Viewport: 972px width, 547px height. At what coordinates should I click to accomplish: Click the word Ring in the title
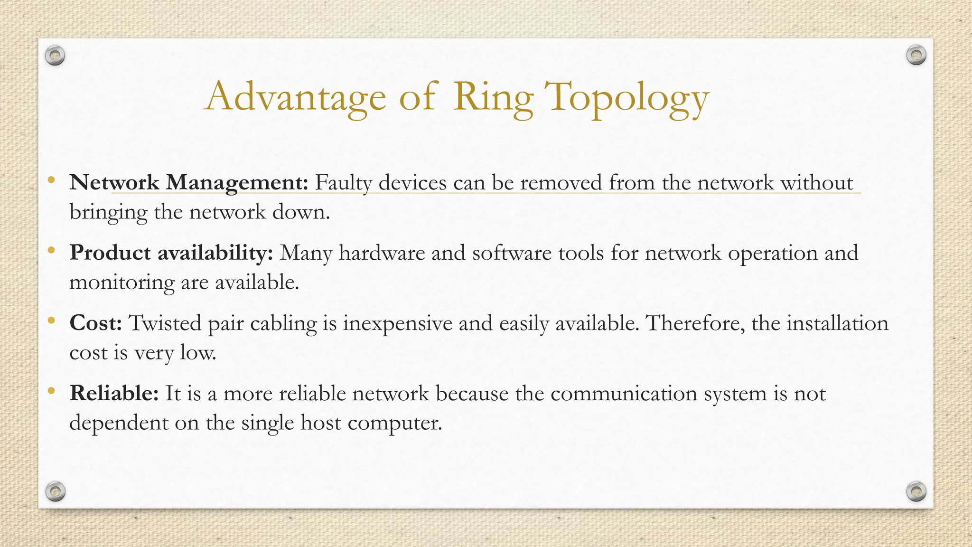coord(493,97)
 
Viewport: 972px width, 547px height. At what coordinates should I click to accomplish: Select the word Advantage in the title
coord(295,97)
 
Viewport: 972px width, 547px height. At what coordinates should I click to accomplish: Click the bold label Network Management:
coord(189,183)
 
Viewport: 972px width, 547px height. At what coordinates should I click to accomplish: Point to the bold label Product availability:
coord(171,253)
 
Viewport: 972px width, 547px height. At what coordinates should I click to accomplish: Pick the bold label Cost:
coord(96,323)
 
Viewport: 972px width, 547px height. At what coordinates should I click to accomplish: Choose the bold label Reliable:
coord(114,393)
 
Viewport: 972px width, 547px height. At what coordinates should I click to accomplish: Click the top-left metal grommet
coord(55,56)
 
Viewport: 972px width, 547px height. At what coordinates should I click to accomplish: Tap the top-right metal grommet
coord(916,56)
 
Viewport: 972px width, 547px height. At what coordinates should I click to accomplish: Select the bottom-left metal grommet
coord(55,491)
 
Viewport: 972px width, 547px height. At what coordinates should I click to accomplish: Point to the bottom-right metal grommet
coord(916,491)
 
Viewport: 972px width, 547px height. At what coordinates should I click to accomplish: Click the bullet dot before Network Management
coord(51,180)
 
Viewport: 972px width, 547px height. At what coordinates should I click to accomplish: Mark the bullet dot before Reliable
coord(51,391)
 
